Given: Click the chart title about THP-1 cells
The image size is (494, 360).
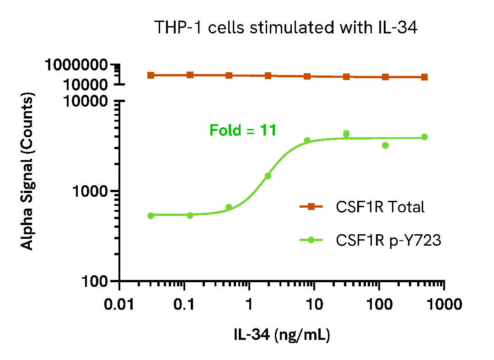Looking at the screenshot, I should [286, 28].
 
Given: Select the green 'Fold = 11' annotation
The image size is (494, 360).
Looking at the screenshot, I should [243, 131].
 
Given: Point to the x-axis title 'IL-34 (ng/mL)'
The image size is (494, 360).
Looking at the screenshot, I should [282, 334].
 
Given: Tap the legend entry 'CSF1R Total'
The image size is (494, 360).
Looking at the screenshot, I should [380, 207].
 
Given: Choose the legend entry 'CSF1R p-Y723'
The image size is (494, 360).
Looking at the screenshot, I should [388, 240].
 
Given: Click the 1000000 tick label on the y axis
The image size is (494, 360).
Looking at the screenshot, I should [76, 65].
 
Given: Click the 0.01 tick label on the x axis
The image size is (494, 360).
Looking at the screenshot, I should [119, 305].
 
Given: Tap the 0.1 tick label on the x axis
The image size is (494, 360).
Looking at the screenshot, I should [184, 305].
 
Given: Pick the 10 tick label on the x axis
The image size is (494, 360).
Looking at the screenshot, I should [314, 305].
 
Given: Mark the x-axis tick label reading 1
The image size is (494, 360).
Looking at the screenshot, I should [249, 305].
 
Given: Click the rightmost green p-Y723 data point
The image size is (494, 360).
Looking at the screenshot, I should [424, 137].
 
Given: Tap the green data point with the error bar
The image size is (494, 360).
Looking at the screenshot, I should [346, 134].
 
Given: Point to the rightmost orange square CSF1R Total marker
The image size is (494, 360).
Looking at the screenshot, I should [424, 77].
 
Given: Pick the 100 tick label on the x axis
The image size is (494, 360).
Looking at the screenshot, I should [379, 305].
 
